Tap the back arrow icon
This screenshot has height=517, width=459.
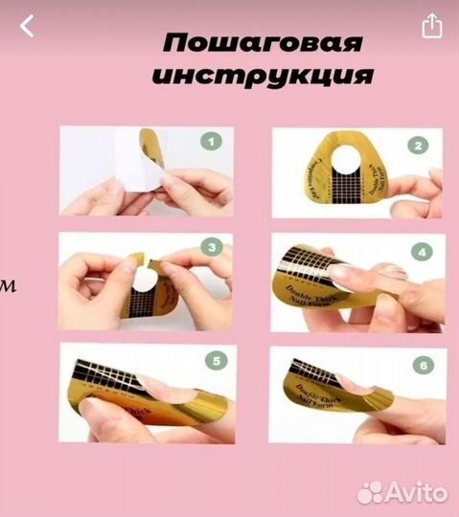[x=27, y=27]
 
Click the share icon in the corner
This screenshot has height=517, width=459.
[x=432, y=26]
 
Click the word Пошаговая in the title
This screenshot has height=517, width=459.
[x=263, y=44]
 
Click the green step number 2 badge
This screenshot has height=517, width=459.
[x=418, y=146]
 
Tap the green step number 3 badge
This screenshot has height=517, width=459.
[x=213, y=248]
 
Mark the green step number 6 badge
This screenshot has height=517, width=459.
[x=422, y=365]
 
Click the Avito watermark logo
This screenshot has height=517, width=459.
[x=402, y=492]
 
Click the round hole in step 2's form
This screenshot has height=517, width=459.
[x=354, y=176]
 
